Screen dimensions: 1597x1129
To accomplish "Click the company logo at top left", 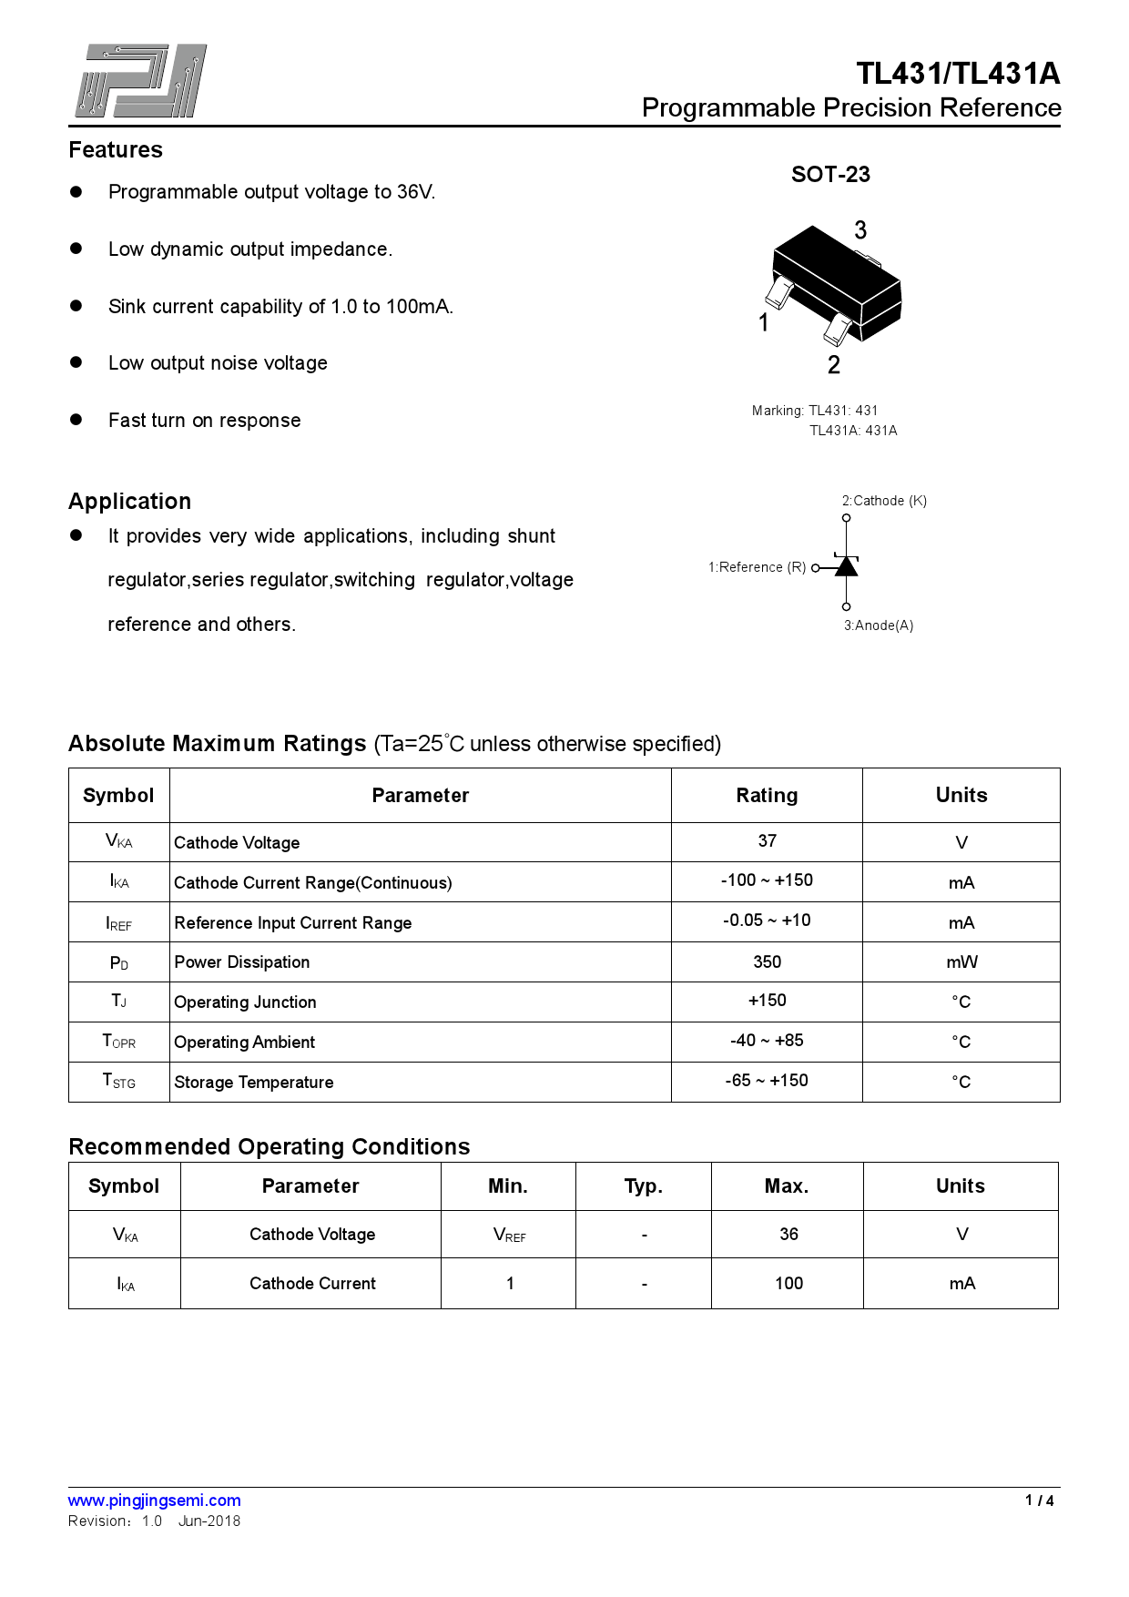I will [x=141, y=81].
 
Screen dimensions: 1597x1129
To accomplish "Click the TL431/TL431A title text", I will [x=958, y=74].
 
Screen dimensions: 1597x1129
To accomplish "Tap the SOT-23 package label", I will [x=830, y=175].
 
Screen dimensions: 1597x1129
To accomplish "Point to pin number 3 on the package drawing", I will [x=860, y=230].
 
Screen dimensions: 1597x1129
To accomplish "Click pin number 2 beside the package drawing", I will [x=833, y=365].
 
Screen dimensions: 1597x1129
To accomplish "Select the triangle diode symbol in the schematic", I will [x=847, y=566].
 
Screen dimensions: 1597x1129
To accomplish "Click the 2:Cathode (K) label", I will [x=884, y=501].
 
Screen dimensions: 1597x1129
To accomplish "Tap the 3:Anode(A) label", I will [x=878, y=626].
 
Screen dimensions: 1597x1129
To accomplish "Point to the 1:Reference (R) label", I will [x=757, y=567].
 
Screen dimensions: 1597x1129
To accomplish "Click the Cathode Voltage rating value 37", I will [x=767, y=841].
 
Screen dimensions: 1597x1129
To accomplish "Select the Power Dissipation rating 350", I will [x=767, y=962].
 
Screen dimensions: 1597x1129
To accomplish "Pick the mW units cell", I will [x=961, y=962].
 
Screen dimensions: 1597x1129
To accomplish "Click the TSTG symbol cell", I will [x=119, y=1082].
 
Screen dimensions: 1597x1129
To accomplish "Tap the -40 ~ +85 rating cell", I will [x=767, y=1041].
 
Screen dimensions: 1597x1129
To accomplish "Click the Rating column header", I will [x=767, y=796].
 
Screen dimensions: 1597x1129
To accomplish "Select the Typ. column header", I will [x=644, y=1186].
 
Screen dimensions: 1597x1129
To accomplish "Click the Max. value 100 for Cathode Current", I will [x=788, y=1284].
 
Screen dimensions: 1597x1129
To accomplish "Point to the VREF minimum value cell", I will [x=509, y=1235].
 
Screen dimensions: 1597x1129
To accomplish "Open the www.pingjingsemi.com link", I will [x=155, y=1500].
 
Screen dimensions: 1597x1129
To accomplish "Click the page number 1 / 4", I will [x=1039, y=1500].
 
